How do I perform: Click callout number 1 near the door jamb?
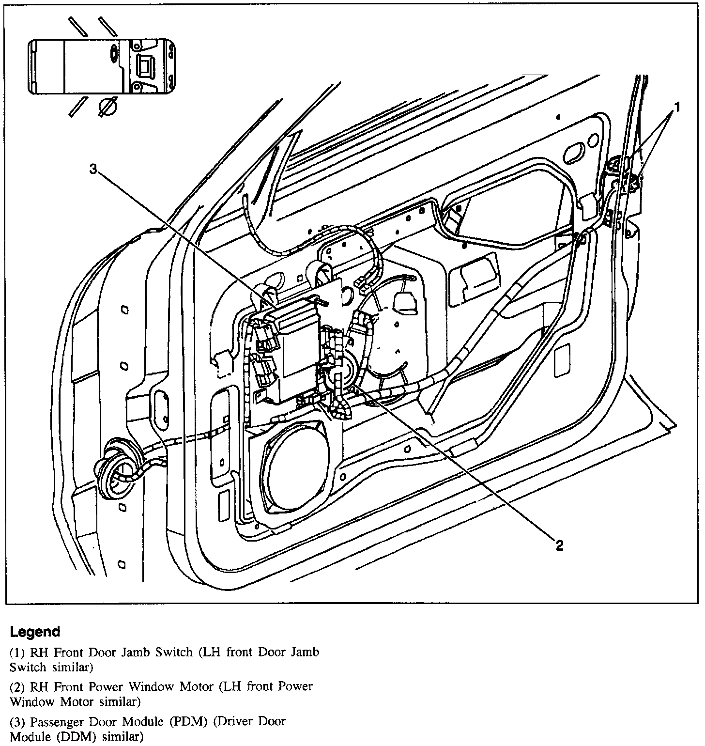pyautogui.click(x=677, y=107)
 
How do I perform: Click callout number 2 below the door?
pyautogui.click(x=559, y=546)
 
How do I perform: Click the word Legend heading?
pyautogui.click(x=35, y=632)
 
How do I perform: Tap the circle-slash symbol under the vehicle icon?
pyautogui.click(x=107, y=107)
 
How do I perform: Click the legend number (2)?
pyautogui.click(x=18, y=686)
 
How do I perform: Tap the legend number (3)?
pyautogui.click(x=18, y=721)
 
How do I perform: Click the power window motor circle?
pyautogui.click(x=342, y=369)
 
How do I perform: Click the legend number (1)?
pyautogui.click(x=18, y=653)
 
